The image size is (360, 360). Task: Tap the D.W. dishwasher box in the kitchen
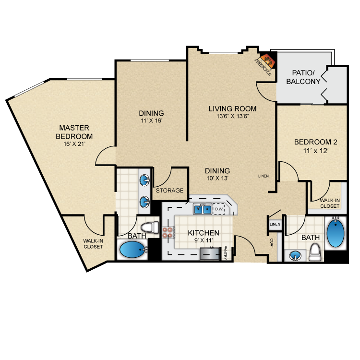click(x=219, y=209)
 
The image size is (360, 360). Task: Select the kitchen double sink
click(x=203, y=209)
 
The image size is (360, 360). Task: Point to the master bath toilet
click(x=150, y=228)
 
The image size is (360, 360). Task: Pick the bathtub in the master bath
click(x=132, y=250)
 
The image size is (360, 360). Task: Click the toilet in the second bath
click(x=315, y=252)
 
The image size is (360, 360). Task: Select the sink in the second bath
click(x=295, y=256)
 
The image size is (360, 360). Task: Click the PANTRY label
click(x=225, y=252)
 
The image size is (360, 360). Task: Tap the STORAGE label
click(x=169, y=191)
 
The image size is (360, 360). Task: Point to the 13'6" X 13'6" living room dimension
click(x=233, y=116)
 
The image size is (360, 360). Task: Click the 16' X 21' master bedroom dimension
click(x=74, y=144)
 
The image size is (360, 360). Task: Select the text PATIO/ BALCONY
click(x=303, y=77)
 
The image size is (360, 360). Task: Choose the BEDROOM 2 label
click(x=316, y=142)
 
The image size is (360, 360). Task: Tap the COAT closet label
click(x=272, y=243)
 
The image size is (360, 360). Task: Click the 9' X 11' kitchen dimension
click(x=204, y=240)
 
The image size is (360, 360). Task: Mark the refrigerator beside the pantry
click(x=210, y=254)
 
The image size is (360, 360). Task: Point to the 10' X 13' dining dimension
click(x=217, y=178)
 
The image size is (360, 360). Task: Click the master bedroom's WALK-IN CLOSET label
click(x=93, y=244)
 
